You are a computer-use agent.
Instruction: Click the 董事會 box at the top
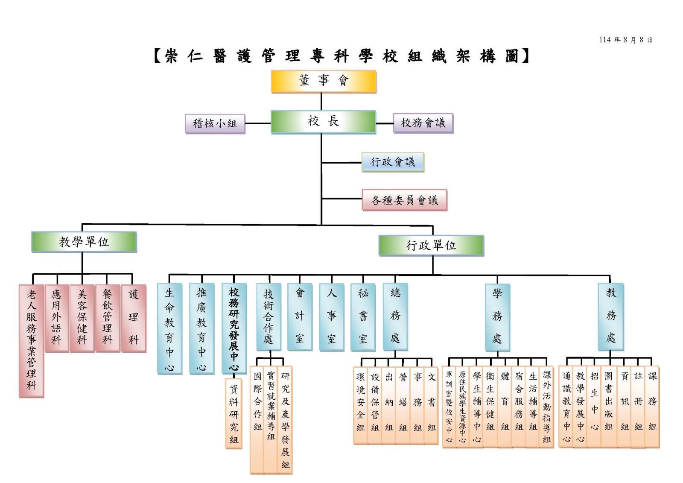pyautogui.click(x=324, y=81)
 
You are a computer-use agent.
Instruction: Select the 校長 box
pyautogui.click(x=323, y=122)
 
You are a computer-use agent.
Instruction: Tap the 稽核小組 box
pyautogui.click(x=215, y=123)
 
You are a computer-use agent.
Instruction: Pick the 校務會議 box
pyautogui.click(x=423, y=123)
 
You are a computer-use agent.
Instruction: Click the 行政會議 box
pyautogui.click(x=393, y=162)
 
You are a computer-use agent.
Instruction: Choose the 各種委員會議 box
pyautogui.click(x=404, y=200)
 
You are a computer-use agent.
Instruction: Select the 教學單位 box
pyautogui.click(x=84, y=242)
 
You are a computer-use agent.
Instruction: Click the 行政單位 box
pyautogui.click(x=431, y=246)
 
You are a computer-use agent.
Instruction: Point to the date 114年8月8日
pyautogui.click(x=625, y=40)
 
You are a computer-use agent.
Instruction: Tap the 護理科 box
pyautogui.click(x=134, y=318)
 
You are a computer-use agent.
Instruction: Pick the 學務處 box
pyautogui.click(x=497, y=316)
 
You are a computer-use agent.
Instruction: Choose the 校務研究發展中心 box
pyautogui.click(x=234, y=328)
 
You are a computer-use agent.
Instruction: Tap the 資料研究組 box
pyautogui.click(x=234, y=413)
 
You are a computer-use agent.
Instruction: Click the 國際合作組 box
pyautogui.click(x=257, y=419)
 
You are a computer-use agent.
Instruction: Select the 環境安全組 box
pyautogui.click(x=361, y=405)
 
